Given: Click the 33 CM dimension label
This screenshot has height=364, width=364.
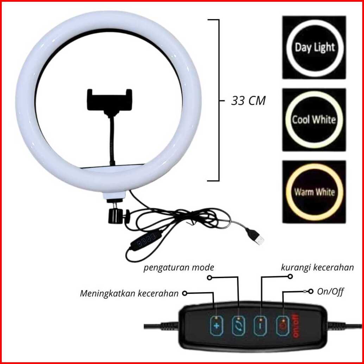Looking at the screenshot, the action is pyautogui.click(x=248, y=101).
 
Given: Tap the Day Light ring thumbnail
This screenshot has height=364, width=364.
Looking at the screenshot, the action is pyautogui.click(x=314, y=47).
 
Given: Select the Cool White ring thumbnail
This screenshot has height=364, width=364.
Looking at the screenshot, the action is pyautogui.click(x=314, y=120).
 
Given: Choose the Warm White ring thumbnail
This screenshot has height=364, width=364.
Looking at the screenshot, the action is pyautogui.click(x=314, y=192).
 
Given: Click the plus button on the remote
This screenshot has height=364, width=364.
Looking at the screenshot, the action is pyautogui.click(x=216, y=326).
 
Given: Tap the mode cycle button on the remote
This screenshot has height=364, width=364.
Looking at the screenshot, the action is pyautogui.click(x=238, y=326).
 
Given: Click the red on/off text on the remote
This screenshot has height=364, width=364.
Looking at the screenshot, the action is pyautogui.click(x=295, y=326).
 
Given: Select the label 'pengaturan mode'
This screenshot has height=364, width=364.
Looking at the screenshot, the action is pyautogui.click(x=178, y=268).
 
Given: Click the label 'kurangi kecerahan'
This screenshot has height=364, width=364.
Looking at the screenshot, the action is pyautogui.click(x=317, y=267).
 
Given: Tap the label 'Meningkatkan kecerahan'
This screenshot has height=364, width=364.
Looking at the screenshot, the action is pyautogui.click(x=129, y=293).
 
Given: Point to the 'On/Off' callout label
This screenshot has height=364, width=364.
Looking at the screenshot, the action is pyautogui.click(x=330, y=291).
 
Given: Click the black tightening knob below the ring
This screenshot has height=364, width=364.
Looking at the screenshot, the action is pyautogui.click(x=115, y=215).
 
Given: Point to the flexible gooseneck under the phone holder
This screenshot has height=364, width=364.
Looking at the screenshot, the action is pyautogui.click(x=112, y=141).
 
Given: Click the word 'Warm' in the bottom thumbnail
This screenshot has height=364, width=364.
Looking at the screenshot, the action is pyautogui.click(x=304, y=192).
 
